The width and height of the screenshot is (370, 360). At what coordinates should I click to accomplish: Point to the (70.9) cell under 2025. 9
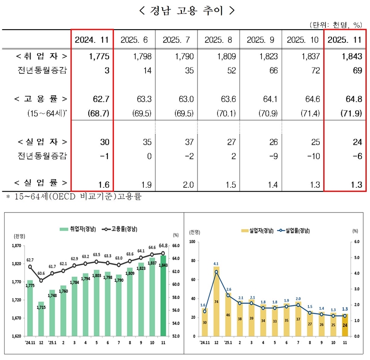click(x=259, y=112)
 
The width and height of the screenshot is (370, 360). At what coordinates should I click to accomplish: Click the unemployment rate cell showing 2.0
click(x=176, y=185)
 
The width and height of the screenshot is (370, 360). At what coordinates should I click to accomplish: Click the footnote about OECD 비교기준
click(x=74, y=197)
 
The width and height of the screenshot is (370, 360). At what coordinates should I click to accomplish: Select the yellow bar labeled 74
click(x=216, y=301)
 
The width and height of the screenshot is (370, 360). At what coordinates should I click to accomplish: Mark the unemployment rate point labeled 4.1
click(x=216, y=272)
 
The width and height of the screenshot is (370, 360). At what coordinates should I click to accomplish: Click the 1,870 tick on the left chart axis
click(x=16, y=246)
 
